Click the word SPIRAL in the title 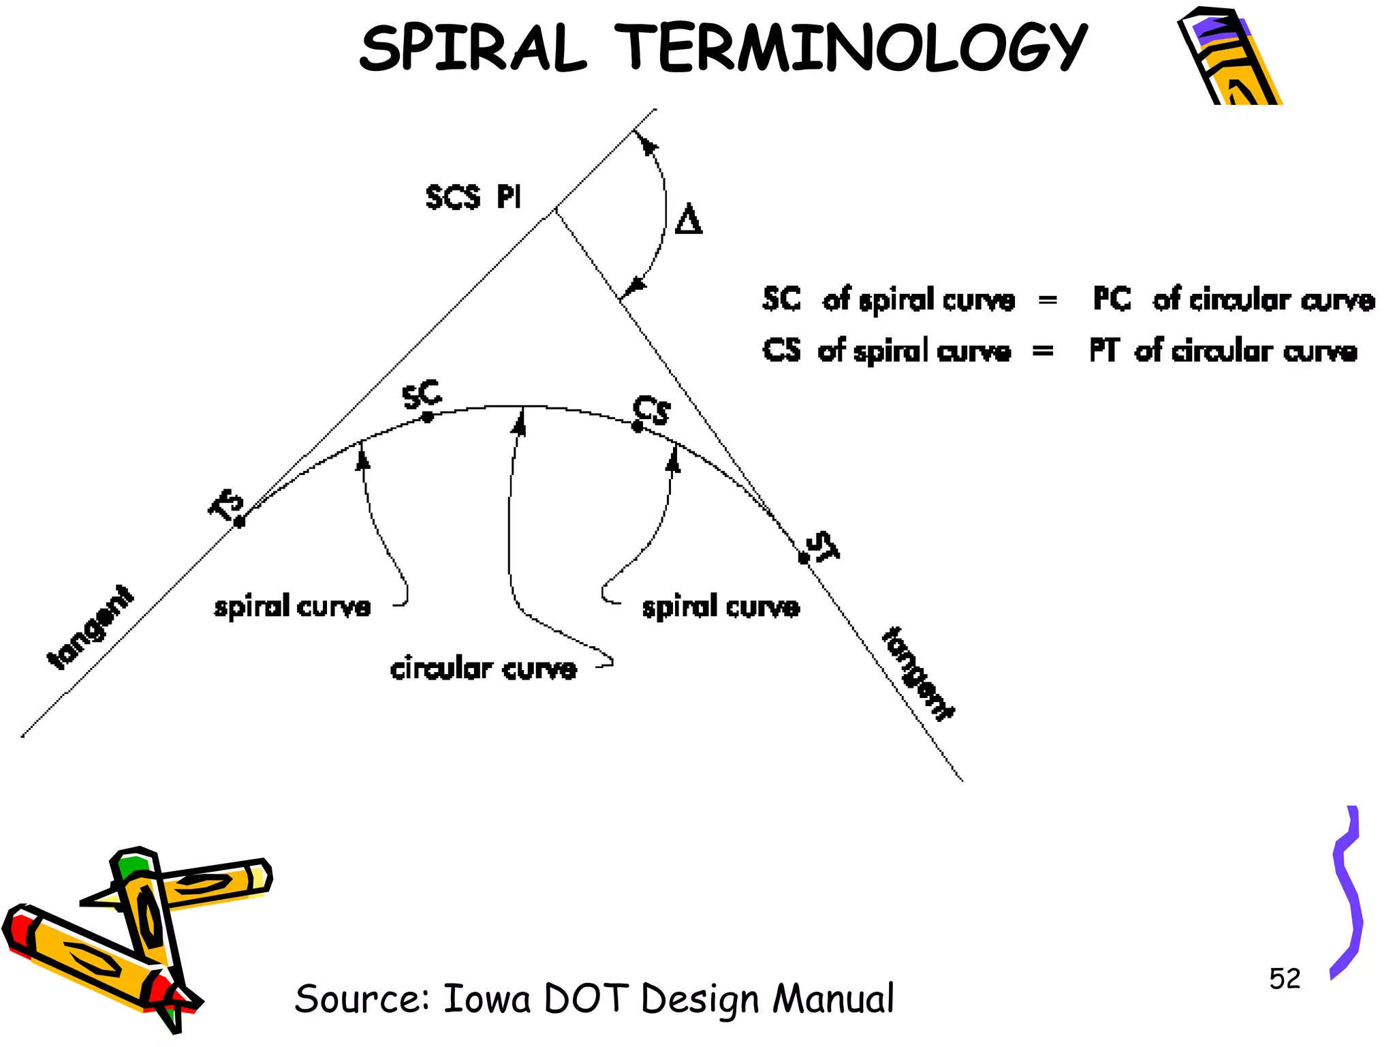point(473,48)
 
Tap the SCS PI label point(473,197)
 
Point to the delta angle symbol point(688,220)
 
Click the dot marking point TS point(240,522)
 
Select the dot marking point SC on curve point(428,417)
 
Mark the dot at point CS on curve point(638,427)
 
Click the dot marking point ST point(804,558)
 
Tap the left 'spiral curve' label point(292,606)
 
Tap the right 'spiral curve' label point(720,606)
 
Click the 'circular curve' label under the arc point(483,669)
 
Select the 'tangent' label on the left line point(91,628)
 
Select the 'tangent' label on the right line point(918,673)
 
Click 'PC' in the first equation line point(1112,299)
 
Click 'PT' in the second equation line point(1103,350)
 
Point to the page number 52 point(1284,979)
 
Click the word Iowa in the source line point(486,999)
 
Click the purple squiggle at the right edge point(1347,893)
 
